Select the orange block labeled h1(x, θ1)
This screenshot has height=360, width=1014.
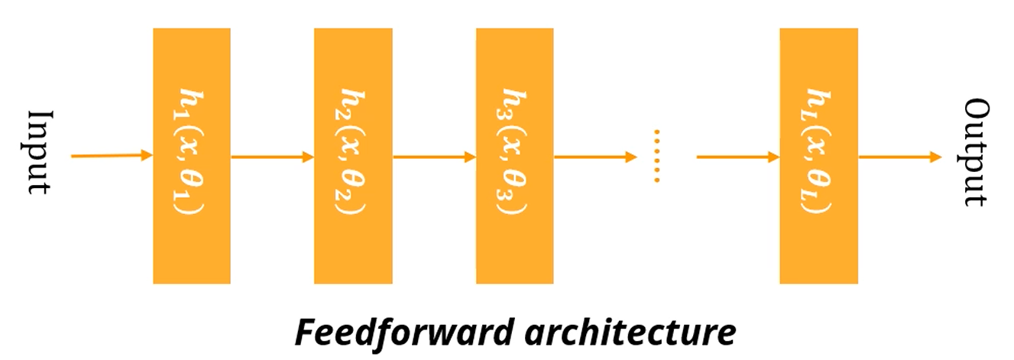[x=191, y=156]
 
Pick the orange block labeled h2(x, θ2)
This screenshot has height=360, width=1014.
[x=352, y=156]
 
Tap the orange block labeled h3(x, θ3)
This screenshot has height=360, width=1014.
[x=514, y=156]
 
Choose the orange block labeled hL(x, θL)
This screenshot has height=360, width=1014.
[x=818, y=156]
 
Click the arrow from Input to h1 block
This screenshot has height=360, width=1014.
[x=112, y=156]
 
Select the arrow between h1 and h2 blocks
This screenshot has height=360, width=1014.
[x=272, y=157]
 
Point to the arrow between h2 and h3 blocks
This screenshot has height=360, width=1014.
[x=434, y=157]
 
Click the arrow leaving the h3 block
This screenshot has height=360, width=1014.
[x=594, y=157]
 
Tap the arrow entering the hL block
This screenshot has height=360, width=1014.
[x=737, y=157]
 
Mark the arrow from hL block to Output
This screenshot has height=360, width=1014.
[x=899, y=157]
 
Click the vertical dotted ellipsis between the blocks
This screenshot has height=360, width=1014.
[x=656, y=156]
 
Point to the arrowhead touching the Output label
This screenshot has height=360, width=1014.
[x=936, y=157]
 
